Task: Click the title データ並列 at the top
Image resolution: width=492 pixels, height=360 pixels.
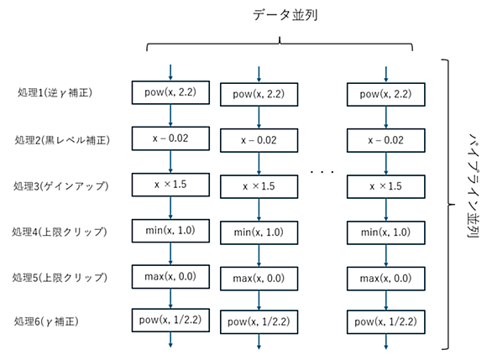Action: click(x=285, y=15)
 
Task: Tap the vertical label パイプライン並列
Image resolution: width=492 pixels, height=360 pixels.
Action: click(x=474, y=185)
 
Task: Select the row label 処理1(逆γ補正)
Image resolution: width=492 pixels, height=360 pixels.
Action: click(x=55, y=92)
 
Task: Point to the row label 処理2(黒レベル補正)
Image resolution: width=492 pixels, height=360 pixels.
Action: click(x=62, y=139)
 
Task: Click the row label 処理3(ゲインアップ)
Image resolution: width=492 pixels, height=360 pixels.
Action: click(x=61, y=186)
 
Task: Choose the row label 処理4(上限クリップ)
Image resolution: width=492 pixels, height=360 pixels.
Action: click(x=60, y=232)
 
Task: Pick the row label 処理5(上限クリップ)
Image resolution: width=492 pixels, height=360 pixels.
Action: click(x=60, y=278)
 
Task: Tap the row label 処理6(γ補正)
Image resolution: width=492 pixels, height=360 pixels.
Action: click(x=46, y=321)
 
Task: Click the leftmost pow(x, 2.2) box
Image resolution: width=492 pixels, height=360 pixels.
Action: click(x=170, y=92)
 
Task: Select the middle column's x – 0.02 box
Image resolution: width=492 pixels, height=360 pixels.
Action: click(x=259, y=140)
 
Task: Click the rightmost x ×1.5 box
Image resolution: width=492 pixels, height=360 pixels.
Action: click(x=386, y=186)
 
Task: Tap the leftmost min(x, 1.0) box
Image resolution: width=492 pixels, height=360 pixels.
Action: click(x=170, y=231)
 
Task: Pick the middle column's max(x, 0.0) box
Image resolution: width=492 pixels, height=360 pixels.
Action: click(x=259, y=279)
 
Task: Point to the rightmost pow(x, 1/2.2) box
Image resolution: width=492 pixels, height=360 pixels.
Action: click(x=386, y=322)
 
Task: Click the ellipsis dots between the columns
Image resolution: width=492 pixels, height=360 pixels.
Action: click(x=322, y=172)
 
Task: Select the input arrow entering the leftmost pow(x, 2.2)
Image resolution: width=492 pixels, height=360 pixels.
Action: click(x=170, y=73)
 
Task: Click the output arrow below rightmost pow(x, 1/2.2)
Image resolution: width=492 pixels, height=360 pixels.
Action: click(x=386, y=342)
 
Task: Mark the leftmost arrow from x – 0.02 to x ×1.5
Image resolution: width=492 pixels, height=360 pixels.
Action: click(x=170, y=161)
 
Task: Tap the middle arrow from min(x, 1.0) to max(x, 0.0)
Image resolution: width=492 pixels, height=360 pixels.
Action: click(x=259, y=256)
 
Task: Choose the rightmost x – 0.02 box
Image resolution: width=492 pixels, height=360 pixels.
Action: click(x=386, y=140)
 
